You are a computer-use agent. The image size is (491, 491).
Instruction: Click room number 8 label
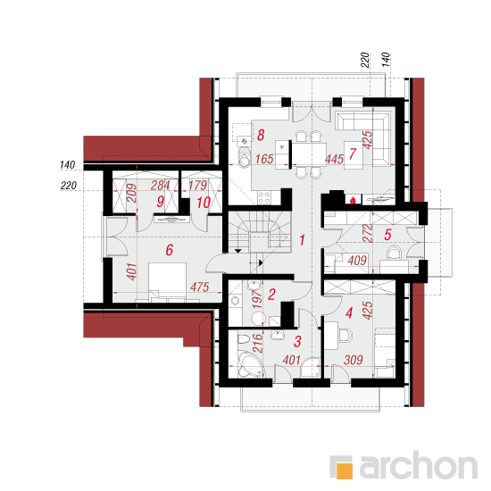(261, 136)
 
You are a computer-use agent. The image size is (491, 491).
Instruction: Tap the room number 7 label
(353, 154)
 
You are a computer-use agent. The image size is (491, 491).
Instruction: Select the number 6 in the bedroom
(170, 250)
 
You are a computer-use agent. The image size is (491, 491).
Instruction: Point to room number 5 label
(387, 235)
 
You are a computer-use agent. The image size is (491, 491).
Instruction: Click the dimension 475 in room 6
(199, 287)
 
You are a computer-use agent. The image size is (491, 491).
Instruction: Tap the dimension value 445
(334, 159)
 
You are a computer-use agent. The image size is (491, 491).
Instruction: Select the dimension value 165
(264, 159)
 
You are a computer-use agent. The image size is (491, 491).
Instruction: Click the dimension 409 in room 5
(357, 260)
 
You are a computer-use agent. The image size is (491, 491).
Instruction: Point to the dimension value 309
(354, 360)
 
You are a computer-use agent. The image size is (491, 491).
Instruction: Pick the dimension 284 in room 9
(160, 186)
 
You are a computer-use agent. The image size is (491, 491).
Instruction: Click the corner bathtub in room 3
(250, 364)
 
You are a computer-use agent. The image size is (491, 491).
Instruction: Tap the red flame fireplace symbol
(353, 200)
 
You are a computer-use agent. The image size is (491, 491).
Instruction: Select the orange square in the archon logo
(344, 470)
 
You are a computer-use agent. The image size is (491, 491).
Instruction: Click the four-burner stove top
(264, 197)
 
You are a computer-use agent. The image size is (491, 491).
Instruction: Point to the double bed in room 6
(168, 282)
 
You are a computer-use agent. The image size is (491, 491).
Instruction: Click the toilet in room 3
(244, 339)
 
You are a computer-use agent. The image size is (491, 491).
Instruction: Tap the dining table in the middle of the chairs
(309, 154)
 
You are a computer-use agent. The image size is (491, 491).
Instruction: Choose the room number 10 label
(204, 203)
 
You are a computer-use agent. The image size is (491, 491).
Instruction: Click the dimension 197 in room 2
(257, 299)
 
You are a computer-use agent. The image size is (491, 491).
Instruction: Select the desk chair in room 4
(345, 335)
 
